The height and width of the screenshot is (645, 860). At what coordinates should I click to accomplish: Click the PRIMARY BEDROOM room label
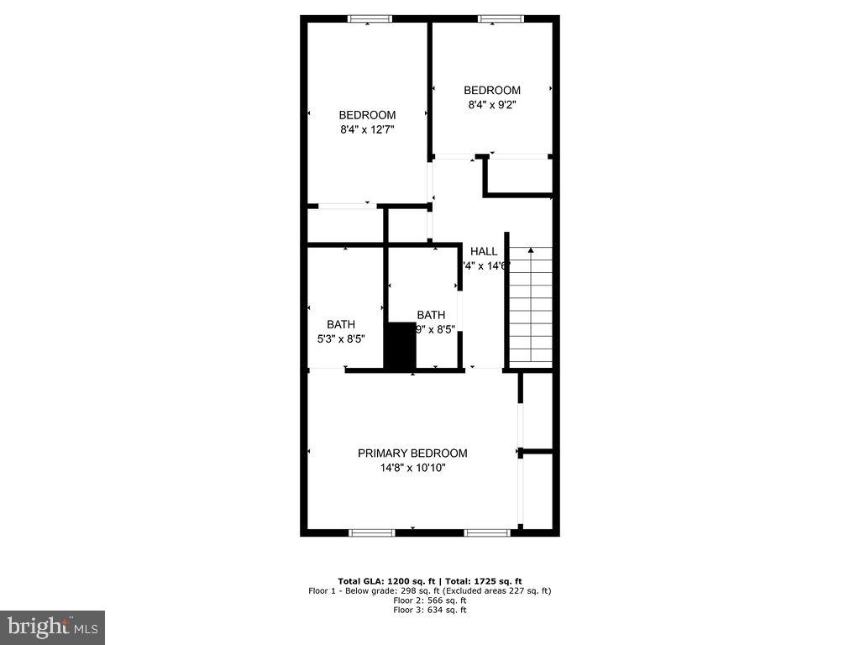coord(412,454)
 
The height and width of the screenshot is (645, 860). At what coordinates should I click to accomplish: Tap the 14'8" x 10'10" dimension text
coord(412,469)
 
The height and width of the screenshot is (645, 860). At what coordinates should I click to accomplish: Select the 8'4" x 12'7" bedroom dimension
coord(367,130)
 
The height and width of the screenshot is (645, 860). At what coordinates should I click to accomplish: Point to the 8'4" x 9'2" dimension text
coord(492,105)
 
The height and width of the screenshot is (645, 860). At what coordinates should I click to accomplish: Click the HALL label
coord(484,251)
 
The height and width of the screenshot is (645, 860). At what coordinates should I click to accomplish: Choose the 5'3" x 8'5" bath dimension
coord(340,339)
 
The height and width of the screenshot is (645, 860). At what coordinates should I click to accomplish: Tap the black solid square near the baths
coord(400,346)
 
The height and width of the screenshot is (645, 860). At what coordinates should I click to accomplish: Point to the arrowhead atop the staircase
coord(530,250)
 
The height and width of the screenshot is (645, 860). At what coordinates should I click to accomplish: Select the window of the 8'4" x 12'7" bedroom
coord(370,18)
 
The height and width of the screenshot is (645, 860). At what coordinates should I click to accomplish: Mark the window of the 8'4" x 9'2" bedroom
coord(501,18)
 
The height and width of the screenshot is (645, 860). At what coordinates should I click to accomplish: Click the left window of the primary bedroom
coord(371,532)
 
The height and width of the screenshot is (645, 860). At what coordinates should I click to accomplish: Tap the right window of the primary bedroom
coord(487,532)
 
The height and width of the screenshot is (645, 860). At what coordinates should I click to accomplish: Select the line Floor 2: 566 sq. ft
coord(430,600)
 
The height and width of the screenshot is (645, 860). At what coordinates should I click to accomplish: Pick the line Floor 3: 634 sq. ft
coord(430,610)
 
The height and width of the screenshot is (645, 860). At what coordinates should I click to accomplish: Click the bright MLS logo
coord(52,627)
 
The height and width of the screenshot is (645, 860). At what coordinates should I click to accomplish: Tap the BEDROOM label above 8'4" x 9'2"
coord(492,91)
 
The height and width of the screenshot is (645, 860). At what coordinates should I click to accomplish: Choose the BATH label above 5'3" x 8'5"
coord(340,325)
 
